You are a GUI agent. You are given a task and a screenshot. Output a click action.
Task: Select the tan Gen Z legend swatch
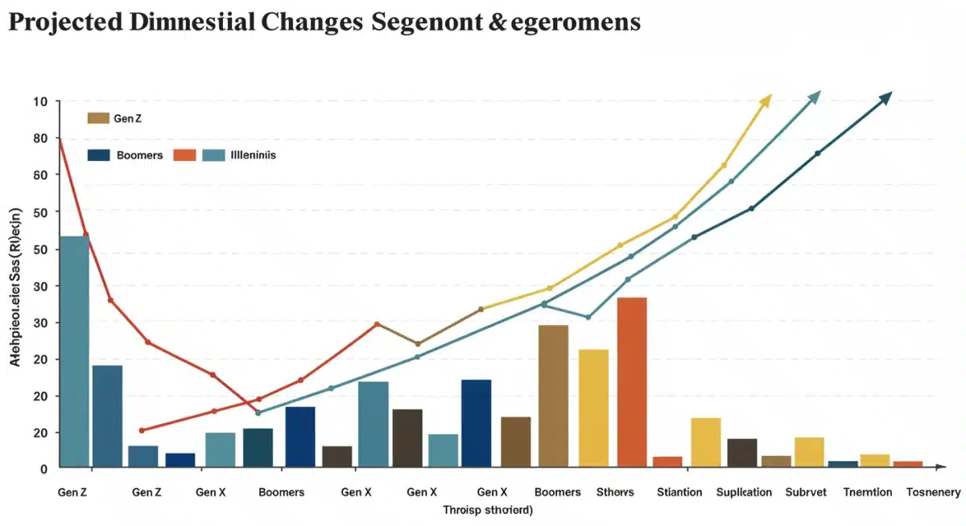97,118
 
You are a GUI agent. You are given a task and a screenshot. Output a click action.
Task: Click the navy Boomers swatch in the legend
97,155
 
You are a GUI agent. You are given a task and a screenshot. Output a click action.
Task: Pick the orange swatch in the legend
184,155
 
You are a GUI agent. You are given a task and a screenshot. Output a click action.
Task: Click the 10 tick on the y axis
40,101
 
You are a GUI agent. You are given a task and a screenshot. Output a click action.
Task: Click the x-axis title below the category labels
488,510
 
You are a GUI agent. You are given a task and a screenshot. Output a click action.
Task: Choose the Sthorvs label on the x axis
615,491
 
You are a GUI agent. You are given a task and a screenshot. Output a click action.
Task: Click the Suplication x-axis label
744,491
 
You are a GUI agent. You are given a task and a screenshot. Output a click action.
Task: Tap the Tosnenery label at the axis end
933,491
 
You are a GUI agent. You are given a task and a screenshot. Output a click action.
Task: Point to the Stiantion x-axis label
679,491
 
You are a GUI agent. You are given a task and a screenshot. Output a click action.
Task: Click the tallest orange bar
631,381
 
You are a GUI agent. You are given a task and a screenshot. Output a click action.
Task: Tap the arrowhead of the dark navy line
887,97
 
